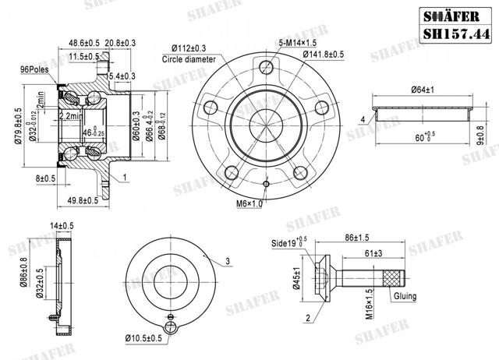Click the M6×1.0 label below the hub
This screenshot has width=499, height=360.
tap(252, 203)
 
